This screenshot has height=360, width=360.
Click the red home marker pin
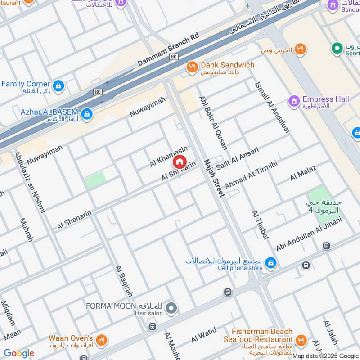179,162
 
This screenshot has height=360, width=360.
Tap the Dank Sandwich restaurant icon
193,67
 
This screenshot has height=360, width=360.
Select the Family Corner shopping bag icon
58,85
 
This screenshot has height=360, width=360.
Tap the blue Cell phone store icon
270,263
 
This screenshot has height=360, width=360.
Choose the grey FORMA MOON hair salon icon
171,309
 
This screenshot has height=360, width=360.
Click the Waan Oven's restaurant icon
102,340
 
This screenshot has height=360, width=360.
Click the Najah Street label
213,178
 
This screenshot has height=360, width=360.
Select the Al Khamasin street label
168,157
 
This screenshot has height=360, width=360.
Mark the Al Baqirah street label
124,281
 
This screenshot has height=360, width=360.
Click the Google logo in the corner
18,353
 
